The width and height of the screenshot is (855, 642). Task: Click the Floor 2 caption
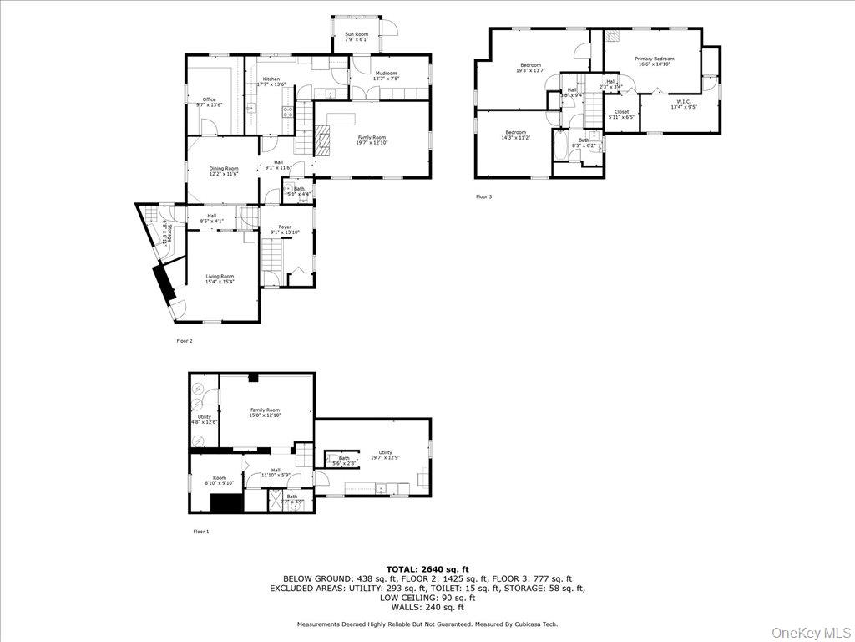[x=184, y=341]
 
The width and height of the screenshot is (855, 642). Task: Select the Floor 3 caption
[x=484, y=197]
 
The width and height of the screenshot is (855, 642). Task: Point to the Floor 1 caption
[x=201, y=532]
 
